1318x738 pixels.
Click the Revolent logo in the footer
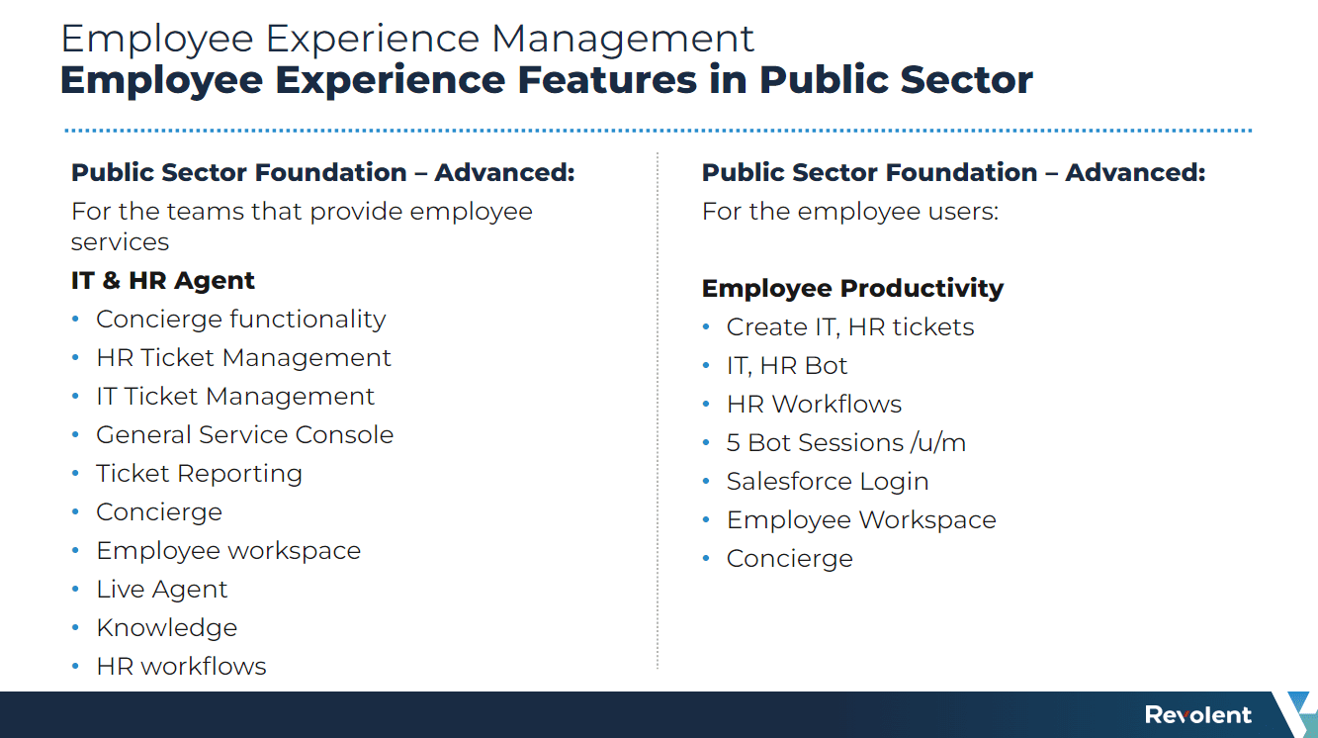pos(1198,714)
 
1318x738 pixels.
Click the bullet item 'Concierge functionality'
pos(240,320)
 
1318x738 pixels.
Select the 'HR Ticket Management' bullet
pos(243,358)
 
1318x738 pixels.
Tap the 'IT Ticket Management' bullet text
pos(235,396)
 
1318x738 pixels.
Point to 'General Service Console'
pos(245,435)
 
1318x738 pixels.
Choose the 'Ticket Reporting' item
pos(199,474)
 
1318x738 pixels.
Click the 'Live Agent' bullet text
pos(162,589)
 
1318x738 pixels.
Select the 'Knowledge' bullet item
pos(166,628)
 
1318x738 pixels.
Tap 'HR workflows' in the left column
pos(181,666)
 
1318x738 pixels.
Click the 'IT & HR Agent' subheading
pos(162,281)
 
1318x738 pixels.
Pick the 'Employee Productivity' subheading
pos(852,288)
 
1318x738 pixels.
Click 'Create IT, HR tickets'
pos(850,327)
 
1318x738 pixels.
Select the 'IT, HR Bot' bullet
pos(787,366)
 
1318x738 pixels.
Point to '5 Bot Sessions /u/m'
pos(846,442)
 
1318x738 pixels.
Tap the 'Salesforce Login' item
pos(828,482)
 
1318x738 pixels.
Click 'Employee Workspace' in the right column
pos(861,520)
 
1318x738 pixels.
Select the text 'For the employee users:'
pos(850,212)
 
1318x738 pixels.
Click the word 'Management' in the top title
pos(623,39)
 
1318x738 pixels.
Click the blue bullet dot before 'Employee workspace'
pos(75,551)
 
